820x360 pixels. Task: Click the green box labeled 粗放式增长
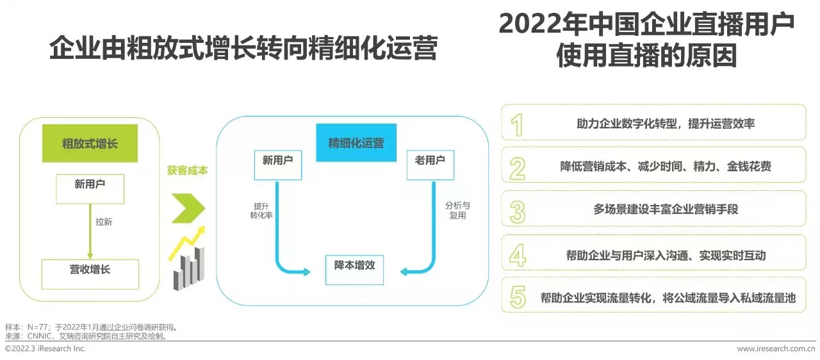coord(90,143)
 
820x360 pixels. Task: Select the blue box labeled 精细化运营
coord(356,143)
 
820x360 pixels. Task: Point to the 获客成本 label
coord(187,171)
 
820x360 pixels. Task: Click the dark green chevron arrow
coord(188,208)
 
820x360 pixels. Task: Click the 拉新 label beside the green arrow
coord(104,222)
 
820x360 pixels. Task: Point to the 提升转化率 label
coord(261,211)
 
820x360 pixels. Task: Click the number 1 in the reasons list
coord(517,124)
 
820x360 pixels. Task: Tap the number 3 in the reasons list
coord(517,211)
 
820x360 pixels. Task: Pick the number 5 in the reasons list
coord(517,298)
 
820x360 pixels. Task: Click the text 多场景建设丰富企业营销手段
coord(657,209)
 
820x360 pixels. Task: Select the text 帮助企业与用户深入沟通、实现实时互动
coord(657,255)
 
